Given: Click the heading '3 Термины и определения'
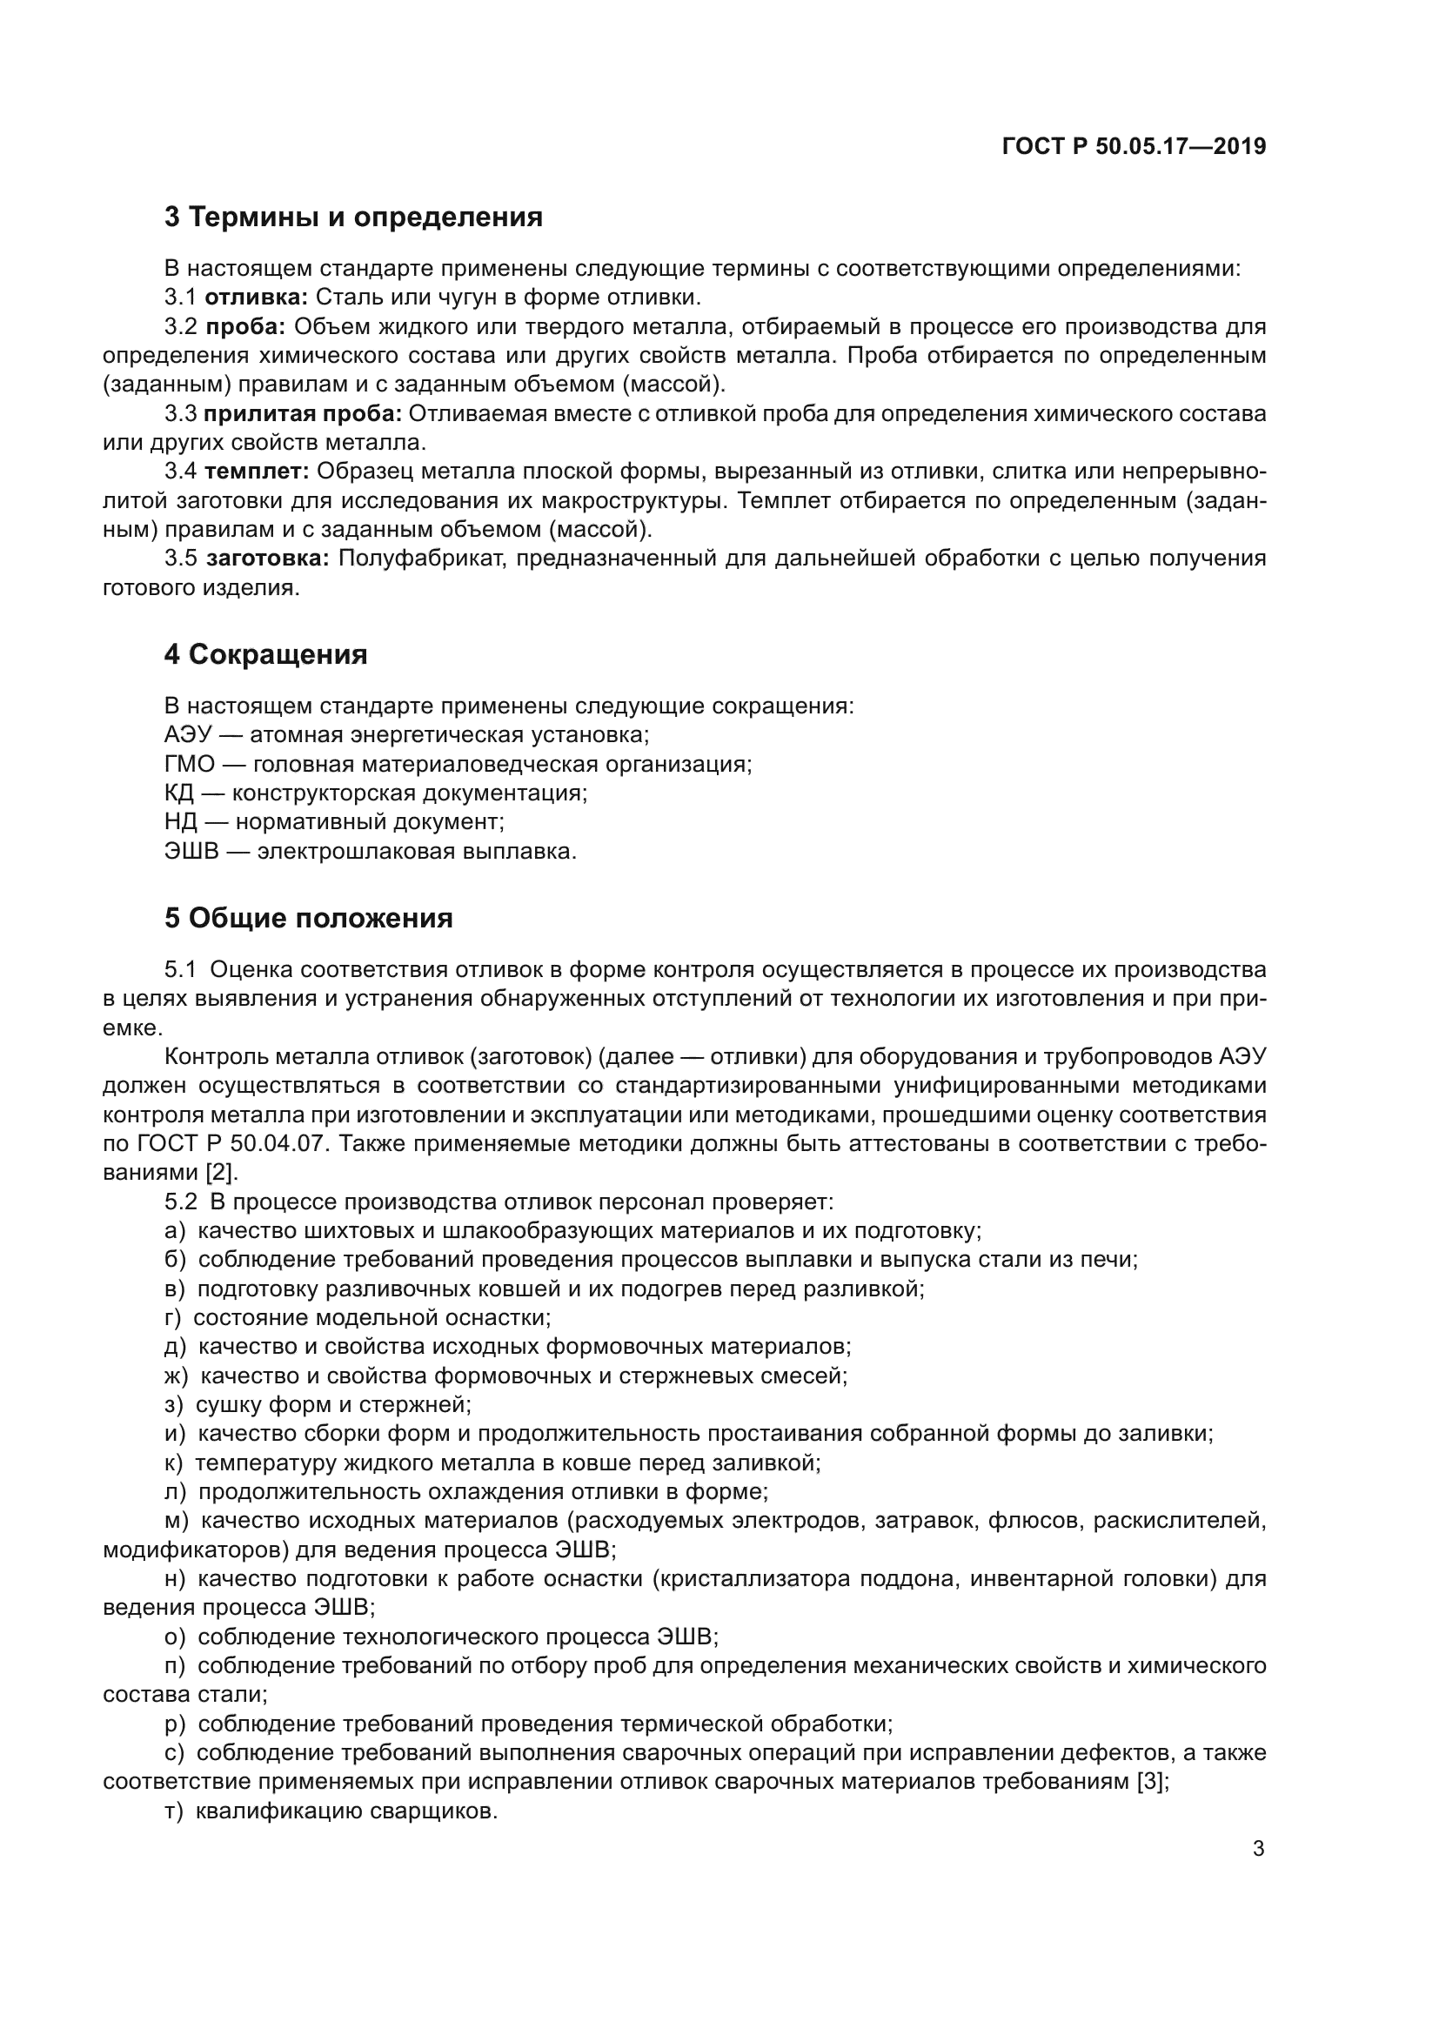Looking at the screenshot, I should [x=352, y=217].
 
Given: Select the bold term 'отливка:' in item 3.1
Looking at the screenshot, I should [x=256, y=297].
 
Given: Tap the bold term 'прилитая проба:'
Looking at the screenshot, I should [x=303, y=414].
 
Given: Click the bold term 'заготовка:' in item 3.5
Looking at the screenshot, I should [x=268, y=559].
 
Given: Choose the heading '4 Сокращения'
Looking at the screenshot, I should [x=265, y=654].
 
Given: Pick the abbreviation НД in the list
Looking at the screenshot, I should [x=181, y=821].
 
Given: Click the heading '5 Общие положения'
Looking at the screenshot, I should [x=307, y=917].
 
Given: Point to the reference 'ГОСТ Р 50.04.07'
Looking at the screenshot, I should [x=226, y=1143].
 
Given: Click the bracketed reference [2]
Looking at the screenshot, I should [x=220, y=1173].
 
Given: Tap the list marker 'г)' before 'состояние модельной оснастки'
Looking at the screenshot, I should [x=173, y=1318].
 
